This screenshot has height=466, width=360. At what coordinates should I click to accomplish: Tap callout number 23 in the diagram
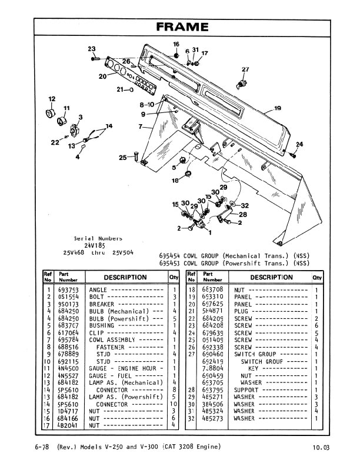click(92, 49)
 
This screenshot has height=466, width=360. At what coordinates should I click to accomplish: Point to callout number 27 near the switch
click(245, 70)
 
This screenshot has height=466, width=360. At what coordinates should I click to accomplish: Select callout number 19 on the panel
click(278, 108)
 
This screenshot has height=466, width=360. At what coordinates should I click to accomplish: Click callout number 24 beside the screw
click(299, 145)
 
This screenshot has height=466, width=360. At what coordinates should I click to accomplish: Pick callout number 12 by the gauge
click(52, 99)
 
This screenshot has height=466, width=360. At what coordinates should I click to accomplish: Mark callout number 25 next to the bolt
click(122, 157)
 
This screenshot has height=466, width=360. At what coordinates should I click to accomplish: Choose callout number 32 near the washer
click(245, 206)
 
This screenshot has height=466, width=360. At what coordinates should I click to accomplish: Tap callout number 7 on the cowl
click(141, 127)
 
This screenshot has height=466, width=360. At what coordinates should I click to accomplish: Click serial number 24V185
click(94, 245)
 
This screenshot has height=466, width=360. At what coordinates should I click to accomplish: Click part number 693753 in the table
click(68, 290)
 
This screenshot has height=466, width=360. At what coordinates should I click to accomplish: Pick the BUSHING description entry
click(101, 325)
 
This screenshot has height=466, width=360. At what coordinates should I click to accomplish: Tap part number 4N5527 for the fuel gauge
click(68, 375)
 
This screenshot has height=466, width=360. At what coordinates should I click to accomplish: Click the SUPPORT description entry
click(246, 390)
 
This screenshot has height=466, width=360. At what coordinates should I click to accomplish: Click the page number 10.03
click(322, 448)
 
